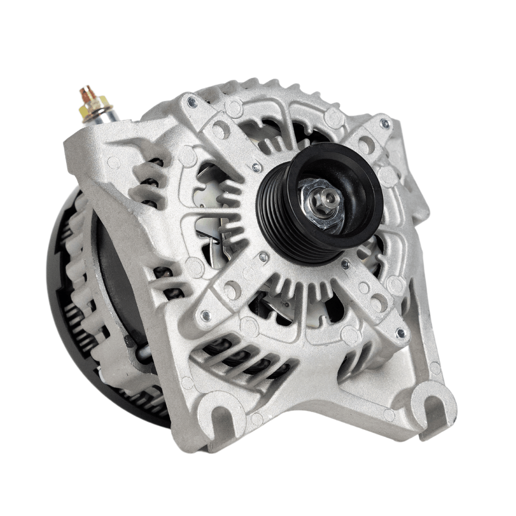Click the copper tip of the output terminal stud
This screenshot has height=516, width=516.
pos(86,93)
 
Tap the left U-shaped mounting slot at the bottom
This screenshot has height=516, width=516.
pos(222,414)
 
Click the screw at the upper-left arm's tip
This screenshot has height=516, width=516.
pos(191,102)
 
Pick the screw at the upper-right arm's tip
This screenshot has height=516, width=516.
pos(385,123)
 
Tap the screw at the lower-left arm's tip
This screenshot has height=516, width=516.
pos(206,315)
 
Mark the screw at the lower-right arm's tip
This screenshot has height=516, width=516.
pos(401,333)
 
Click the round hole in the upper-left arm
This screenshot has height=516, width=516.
pos(220,130)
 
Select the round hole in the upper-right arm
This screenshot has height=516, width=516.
pos(366,146)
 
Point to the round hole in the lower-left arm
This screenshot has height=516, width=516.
pos(232,291)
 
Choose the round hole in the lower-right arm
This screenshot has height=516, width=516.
pos(378,302)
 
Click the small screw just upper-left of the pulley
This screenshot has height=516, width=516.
pos(257,167)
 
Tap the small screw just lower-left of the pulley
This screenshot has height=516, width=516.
pos(263,257)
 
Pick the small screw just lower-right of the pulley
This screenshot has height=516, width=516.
pos(345,264)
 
